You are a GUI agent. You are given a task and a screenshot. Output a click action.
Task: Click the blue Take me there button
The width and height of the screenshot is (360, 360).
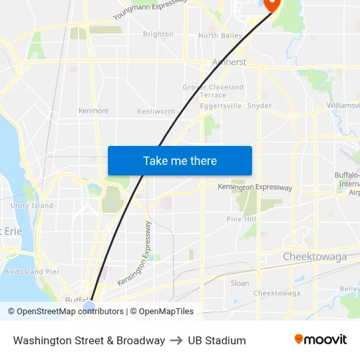[180, 160]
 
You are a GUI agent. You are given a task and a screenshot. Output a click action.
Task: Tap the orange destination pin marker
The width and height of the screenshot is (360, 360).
[270, 5]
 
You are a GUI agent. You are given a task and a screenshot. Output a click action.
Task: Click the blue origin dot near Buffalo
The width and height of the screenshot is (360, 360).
[89, 306]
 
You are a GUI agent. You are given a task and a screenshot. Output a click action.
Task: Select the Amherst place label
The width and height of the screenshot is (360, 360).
[229, 62]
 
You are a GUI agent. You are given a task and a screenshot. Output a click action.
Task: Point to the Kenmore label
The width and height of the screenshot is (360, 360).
[94, 111]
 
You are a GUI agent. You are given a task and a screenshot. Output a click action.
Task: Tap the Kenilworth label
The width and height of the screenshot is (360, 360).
[156, 112]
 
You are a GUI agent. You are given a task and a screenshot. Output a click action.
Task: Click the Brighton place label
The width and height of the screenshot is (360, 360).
[158, 34]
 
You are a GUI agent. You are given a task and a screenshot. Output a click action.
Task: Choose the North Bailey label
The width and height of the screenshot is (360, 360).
[220, 35]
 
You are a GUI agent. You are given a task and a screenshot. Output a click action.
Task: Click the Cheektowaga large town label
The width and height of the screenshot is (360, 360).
[315, 257]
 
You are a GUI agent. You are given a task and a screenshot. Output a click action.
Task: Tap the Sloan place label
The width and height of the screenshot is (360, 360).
[240, 283]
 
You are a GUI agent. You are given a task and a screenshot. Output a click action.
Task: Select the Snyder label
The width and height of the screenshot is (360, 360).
[260, 105]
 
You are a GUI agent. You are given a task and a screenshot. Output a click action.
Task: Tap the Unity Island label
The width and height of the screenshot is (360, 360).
[32, 206]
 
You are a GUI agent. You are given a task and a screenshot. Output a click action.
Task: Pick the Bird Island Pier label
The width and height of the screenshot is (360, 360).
[32, 272]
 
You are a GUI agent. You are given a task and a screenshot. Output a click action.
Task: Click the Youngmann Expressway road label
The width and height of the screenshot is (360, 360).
[150, 8]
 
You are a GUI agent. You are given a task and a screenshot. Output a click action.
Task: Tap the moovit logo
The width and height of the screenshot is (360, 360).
[321, 340]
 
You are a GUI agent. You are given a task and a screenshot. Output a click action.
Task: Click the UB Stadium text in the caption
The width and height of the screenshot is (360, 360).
[217, 340]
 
